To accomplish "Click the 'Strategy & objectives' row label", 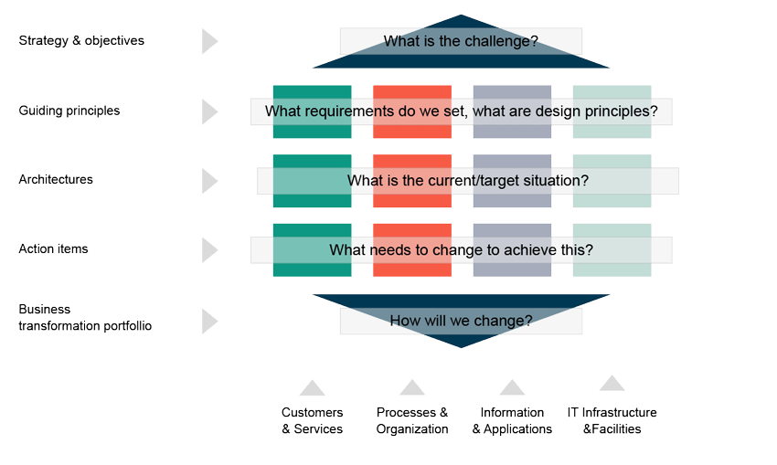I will (x=81, y=41).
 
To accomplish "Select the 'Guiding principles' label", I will (x=69, y=111).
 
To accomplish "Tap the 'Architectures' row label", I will (x=56, y=180).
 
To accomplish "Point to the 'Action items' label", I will (x=53, y=249).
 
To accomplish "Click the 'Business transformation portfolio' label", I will (x=85, y=317).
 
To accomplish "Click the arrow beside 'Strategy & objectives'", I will (x=209, y=41).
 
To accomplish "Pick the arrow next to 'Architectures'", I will (x=209, y=180).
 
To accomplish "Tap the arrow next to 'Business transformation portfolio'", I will (x=209, y=321).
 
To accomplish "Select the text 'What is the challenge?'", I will (x=461, y=41).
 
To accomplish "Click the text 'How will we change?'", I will (x=461, y=321).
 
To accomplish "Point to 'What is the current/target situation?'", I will (x=467, y=181).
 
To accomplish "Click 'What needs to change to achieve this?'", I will (x=461, y=249).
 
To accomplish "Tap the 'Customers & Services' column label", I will (x=312, y=421).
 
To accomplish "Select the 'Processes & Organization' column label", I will (x=412, y=421).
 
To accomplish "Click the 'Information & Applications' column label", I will (x=512, y=421).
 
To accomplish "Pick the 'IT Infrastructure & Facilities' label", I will (x=612, y=420).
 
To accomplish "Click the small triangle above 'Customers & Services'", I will (x=312, y=389).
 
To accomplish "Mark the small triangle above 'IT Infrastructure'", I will (x=612, y=384).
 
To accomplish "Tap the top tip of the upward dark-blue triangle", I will (x=461, y=17).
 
